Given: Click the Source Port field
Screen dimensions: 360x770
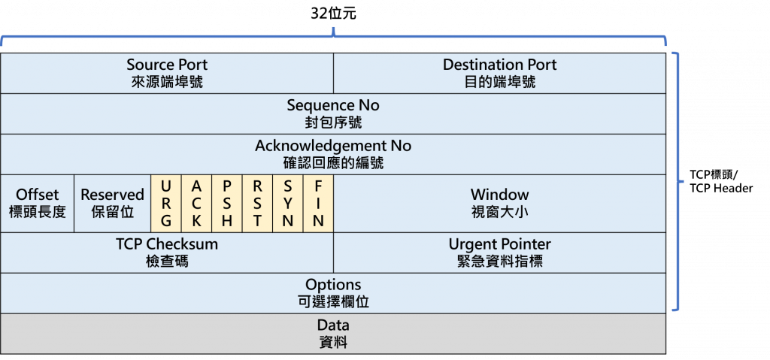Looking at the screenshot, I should coord(167,72).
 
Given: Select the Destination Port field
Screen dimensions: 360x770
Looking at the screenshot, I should coord(499,72).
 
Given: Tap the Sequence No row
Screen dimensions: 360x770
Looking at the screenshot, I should coord(333,113).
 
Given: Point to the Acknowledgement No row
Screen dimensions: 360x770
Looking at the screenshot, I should coord(333,153).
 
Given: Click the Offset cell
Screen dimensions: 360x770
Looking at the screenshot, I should coord(38,203).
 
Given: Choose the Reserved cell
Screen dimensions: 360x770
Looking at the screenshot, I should coord(112,203).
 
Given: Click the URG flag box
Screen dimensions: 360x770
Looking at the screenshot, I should coord(166,203).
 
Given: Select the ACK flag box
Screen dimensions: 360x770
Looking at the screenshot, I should coord(197,203).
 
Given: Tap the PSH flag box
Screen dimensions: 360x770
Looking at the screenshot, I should coord(227,203).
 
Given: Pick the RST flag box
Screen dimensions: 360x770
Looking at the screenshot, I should coord(257,203).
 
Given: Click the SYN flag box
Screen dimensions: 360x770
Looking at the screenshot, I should coord(287,203).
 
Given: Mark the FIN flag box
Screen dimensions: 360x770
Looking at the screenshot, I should coord(318,203).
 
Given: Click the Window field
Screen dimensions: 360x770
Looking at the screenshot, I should coord(499,203).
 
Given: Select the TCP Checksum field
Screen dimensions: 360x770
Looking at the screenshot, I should coord(167,253).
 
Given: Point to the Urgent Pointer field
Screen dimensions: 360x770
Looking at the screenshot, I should coord(499,253).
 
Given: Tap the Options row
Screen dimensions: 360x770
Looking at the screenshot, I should coord(333,293).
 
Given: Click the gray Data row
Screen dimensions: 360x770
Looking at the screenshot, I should coord(333,334).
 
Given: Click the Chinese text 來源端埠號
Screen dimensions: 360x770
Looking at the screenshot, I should coord(167,82).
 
